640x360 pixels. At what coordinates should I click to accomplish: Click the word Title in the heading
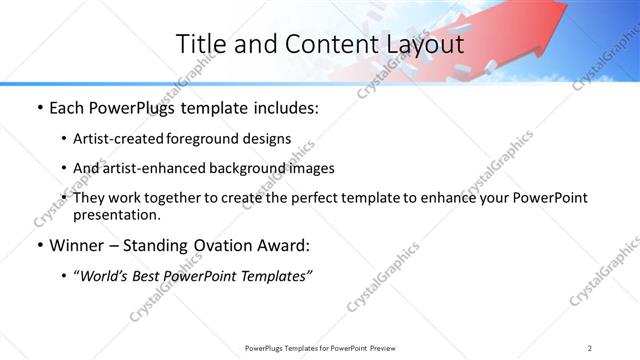click(200, 44)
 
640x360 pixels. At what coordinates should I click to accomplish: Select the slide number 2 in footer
click(590, 347)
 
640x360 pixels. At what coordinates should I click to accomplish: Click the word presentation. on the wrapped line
click(117, 214)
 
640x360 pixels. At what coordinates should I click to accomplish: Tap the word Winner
click(76, 245)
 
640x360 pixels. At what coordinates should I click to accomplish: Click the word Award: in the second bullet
click(283, 245)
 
